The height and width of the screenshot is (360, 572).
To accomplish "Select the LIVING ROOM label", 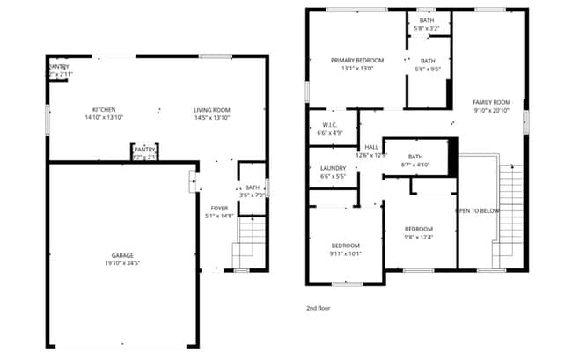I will click(x=211, y=110).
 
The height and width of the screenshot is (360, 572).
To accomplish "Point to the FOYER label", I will click(x=219, y=208).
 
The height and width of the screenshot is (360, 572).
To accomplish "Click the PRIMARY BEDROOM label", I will click(x=357, y=61).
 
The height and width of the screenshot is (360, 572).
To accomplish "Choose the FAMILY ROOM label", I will click(x=491, y=102).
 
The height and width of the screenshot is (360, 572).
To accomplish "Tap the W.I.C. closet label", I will click(x=330, y=125).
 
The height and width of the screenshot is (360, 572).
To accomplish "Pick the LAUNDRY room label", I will click(x=333, y=168).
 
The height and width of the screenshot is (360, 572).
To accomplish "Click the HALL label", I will click(x=370, y=148).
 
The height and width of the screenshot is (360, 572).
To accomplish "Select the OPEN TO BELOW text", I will click(x=477, y=211).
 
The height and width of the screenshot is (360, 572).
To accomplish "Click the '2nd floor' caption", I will click(x=318, y=309).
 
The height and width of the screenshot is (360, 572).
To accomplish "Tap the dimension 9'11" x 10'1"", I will click(x=346, y=253).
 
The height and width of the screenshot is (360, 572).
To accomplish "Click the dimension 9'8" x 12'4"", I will click(x=418, y=236).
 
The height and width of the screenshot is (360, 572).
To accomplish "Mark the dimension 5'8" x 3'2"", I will click(x=427, y=28).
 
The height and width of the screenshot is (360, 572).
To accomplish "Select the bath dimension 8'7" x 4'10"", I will click(x=415, y=165).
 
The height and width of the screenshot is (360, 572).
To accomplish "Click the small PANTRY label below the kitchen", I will click(x=144, y=150).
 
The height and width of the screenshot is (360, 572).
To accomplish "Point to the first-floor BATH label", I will click(x=252, y=187).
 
